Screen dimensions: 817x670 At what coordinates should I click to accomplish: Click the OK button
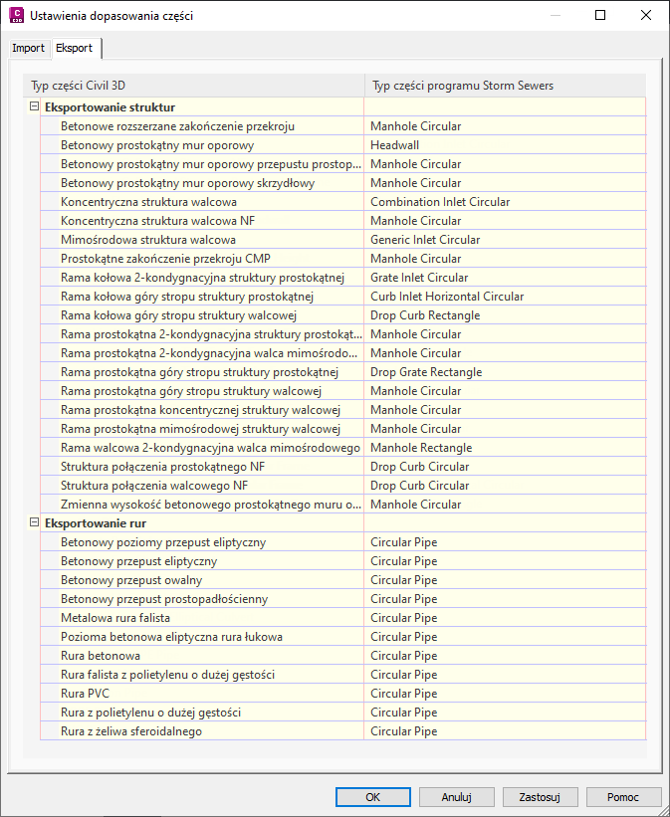pos(373,797)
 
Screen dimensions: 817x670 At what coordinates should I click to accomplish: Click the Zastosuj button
pos(548,797)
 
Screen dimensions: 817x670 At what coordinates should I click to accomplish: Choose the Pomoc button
pos(624,797)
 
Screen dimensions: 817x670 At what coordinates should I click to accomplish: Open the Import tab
pos(28,48)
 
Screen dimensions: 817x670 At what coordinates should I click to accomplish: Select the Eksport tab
pos(75,48)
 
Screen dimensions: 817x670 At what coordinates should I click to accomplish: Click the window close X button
pos(646,16)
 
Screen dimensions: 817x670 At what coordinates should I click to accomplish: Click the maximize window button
pos(600,16)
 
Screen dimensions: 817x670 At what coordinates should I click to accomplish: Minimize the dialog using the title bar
pos(555,16)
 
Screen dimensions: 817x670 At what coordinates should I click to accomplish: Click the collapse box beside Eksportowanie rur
pos(34,523)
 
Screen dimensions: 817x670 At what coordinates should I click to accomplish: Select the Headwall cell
pos(396,145)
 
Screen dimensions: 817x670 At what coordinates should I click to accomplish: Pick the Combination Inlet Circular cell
pos(440,202)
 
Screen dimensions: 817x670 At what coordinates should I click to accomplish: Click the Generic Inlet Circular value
pos(425,240)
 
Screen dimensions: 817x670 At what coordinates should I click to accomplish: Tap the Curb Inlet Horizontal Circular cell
pos(447,297)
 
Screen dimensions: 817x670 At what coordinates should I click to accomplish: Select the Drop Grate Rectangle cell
pos(426,372)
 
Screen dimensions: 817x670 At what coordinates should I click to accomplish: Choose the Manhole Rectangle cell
pos(421,448)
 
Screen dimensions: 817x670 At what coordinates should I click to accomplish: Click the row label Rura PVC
pos(86,694)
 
